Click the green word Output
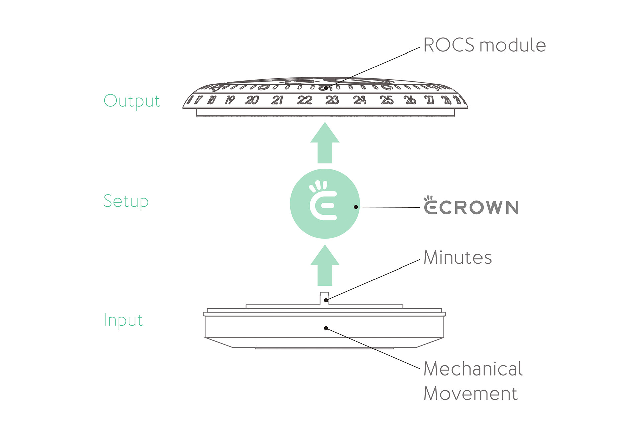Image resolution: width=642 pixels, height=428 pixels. [132, 101]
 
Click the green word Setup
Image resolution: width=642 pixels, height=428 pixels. [126, 202]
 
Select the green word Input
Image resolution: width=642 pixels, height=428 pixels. [123, 320]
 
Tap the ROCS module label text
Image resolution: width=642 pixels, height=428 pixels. [485, 45]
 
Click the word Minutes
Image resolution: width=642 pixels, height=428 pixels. [458, 257]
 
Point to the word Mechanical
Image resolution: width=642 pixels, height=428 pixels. [473, 369]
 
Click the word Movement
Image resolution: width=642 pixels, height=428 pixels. [471, 393]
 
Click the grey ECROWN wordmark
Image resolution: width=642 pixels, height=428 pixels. [471, 205]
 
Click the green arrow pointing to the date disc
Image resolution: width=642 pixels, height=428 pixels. [325, 143]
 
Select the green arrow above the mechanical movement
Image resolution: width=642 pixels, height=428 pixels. [325, 265]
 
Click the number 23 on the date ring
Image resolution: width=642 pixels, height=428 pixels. [332, 100]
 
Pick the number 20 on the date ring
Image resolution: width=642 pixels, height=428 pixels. [252, 100]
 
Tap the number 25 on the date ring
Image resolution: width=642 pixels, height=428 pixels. [387, 100]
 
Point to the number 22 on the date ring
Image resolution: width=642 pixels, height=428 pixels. [304, 100]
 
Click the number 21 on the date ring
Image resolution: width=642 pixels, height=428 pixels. [277, 100]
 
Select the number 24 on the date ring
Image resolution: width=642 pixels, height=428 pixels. [360, 100]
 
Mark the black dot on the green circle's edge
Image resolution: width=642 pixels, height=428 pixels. [356, 207]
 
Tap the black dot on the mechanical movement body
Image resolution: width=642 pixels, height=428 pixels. [326, 328]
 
